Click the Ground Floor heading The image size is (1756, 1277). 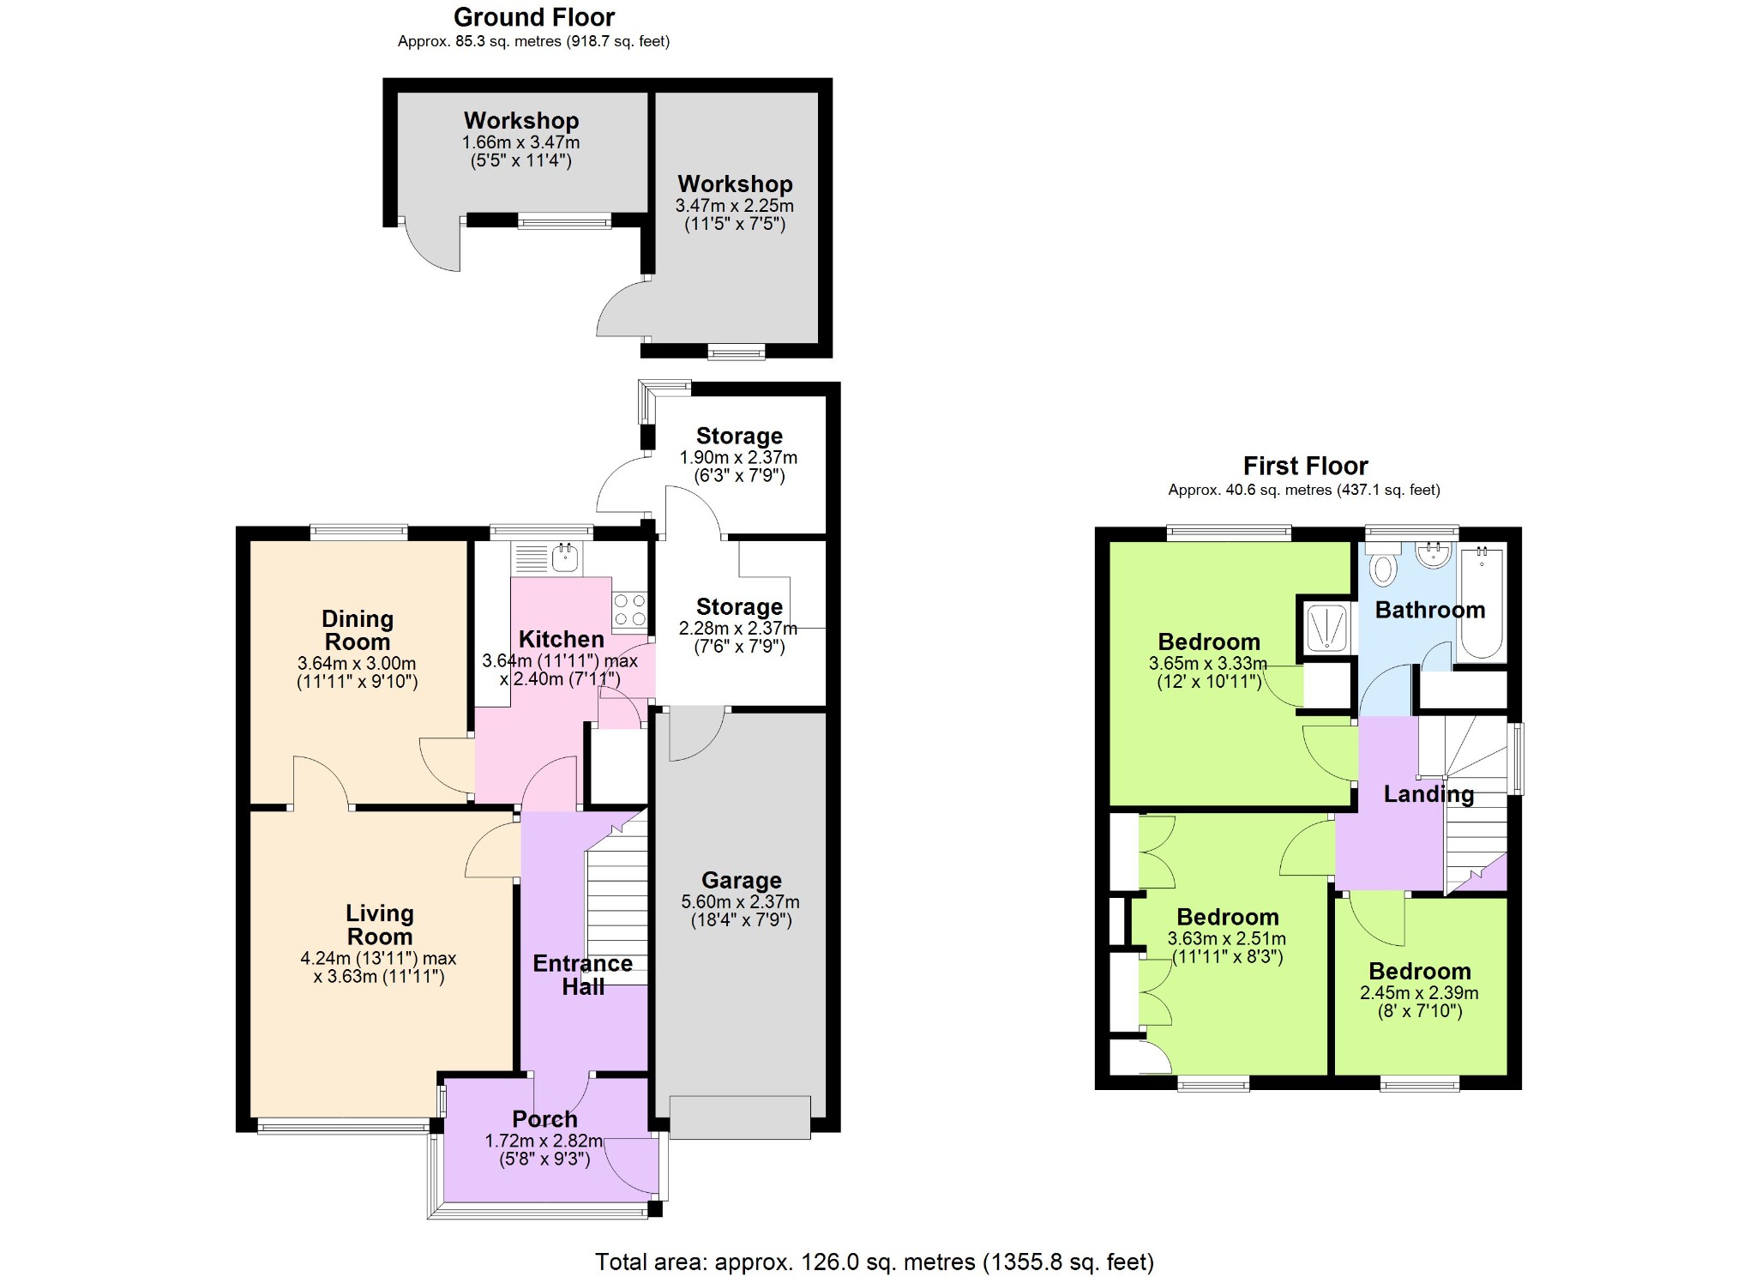click(x=534, y=17)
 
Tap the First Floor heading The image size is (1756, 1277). click(x=1305, y=466)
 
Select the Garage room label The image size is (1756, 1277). click(x=742, y=880)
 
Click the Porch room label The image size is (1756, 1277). click(x=544, y=1119)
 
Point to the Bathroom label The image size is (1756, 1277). click(x=1430, y=610)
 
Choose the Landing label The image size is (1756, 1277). click(x=1428, y=794)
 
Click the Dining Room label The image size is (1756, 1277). click(x=358, y=630)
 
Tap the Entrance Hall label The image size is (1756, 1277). click(x=583, y=975)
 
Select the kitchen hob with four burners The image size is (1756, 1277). click(x=629, y=610)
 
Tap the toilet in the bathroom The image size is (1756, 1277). click(x=1383, y=564)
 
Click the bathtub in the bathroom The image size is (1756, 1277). click(x=1482, y=604)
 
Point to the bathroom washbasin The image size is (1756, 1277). click(x=1433, y=555)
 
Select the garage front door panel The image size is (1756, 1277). click(x=740, y=1117)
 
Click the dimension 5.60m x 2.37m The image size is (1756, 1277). click(x=741, y=902)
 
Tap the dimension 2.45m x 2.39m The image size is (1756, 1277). click(x=1419, y=993)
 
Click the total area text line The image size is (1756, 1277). click(x=875, y=1262)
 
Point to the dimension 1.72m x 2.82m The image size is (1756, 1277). click(x=544, y=1141)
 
